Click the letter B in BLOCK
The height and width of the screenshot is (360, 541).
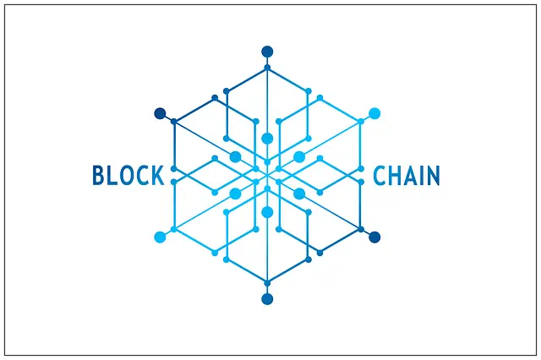(x=99, y=176)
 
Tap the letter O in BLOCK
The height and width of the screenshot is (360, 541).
(x=127, y=176)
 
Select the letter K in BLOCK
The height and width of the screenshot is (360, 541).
(x=156, y=176)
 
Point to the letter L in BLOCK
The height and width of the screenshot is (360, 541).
(x=112, y=176)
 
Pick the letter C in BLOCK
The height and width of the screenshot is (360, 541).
(x=141, y=176)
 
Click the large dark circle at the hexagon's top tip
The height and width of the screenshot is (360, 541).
(x=267, y=51)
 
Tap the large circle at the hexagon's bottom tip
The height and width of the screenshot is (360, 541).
(x=267, y=299)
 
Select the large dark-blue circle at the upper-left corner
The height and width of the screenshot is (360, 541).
(x=159, y=113)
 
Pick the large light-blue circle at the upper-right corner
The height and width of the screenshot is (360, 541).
(x=374, y=113)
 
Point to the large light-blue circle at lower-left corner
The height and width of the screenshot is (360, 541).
(x=159, y=237)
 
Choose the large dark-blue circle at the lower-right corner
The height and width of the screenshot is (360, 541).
(x=374, y=237)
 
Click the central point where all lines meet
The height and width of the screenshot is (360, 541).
(x=267, y=175)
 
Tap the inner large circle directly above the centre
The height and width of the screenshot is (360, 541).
(x=267, y=139)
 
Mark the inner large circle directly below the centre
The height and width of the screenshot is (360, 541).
(x=267, y=212)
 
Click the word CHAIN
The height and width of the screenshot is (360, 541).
(x=407, y=176)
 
